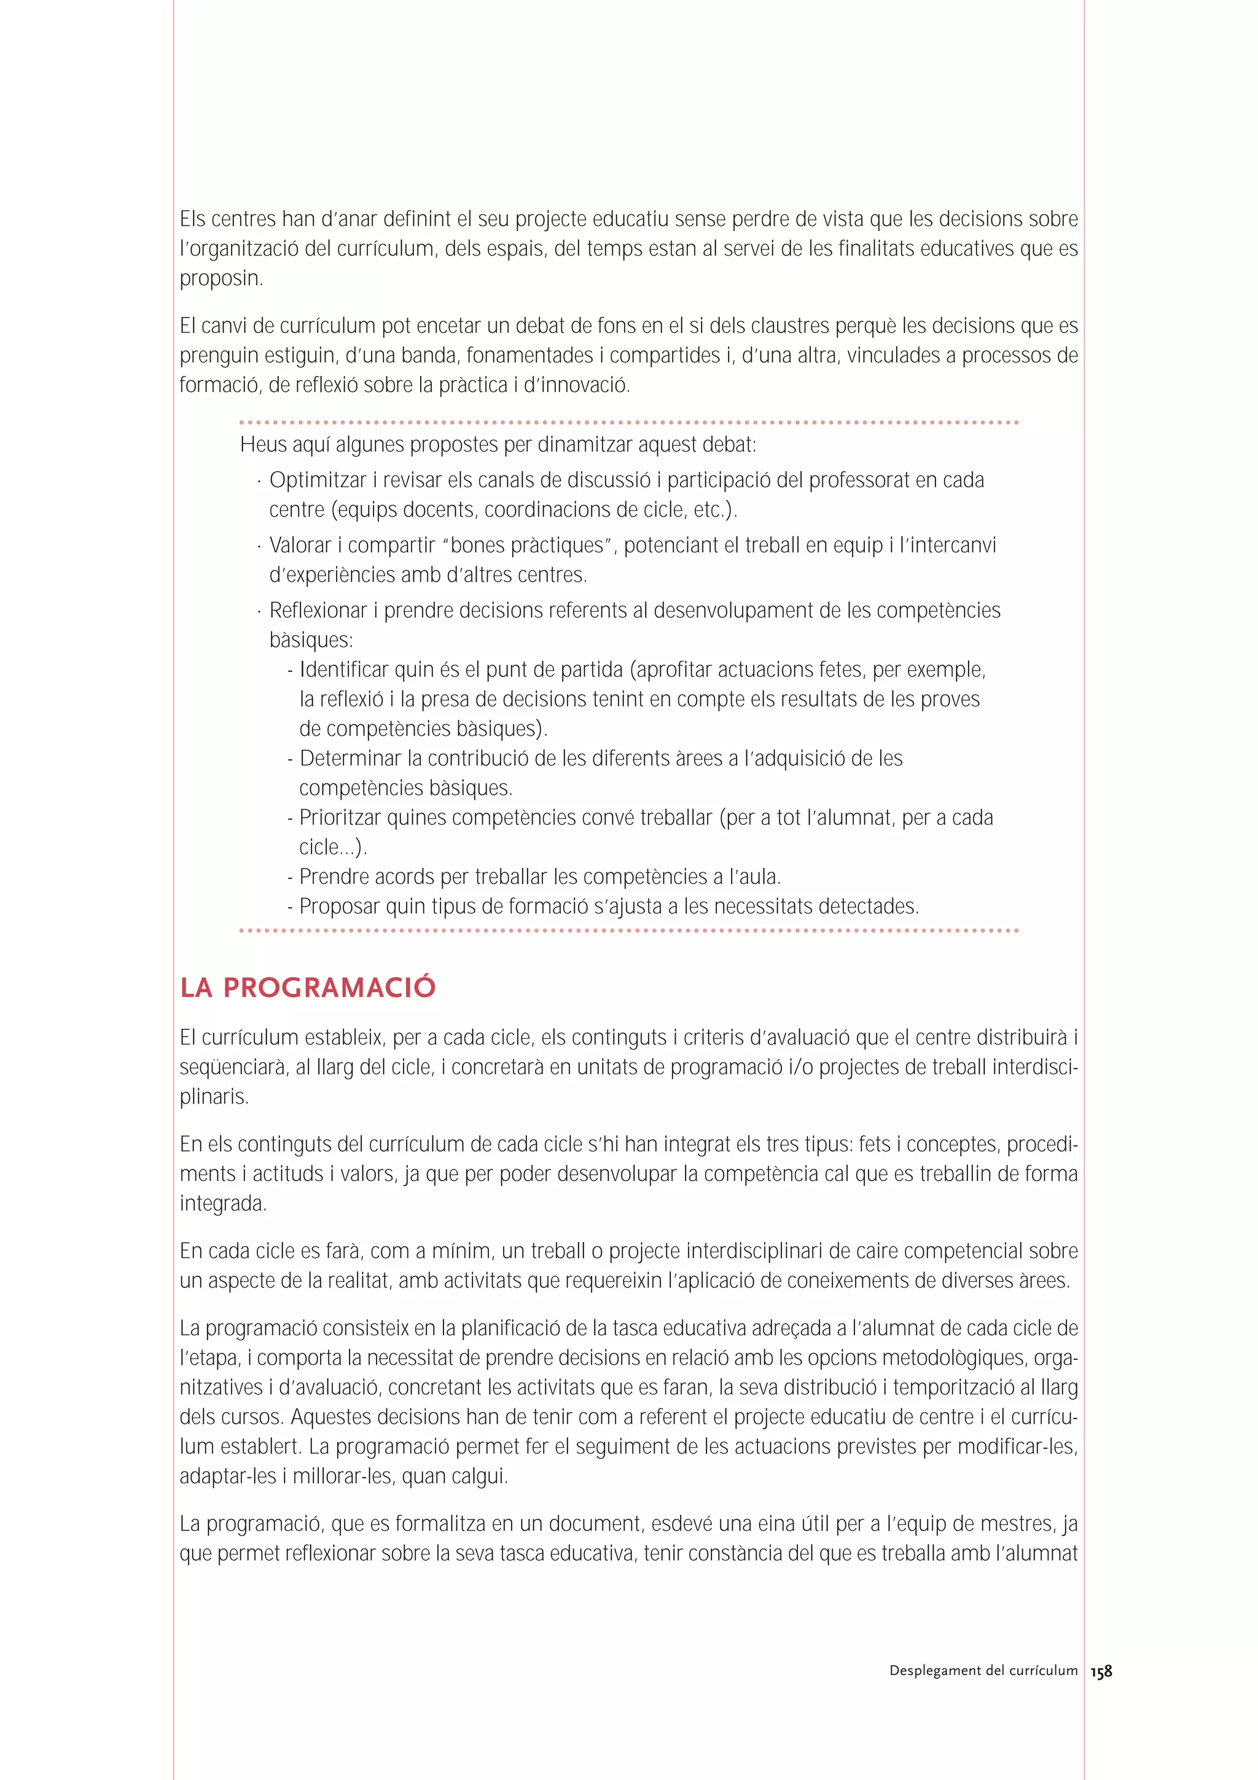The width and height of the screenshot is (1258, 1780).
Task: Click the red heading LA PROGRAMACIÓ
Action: pyautogui.click(x=308, y=988)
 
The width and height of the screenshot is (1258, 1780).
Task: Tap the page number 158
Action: pyautogui.click(x=1101, y=1671)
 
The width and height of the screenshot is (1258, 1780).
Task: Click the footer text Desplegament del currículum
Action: pyautogui.click(x=983, y=1671)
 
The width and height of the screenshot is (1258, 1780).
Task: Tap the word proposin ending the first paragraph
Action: pyautogui.click(x=221, y=279)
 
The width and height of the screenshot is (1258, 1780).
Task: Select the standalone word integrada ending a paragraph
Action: pyautogui.click(x=222, y=1204)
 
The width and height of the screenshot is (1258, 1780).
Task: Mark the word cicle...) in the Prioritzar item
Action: pyautogui.click(x=332, y=848)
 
